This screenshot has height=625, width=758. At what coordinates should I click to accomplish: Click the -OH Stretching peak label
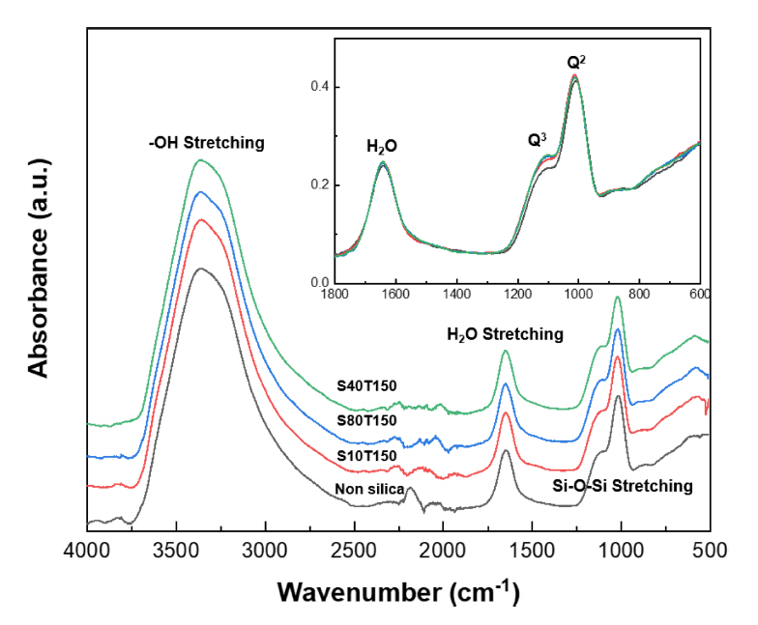pos(200,143)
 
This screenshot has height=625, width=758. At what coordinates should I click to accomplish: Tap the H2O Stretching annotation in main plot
pos(504,334)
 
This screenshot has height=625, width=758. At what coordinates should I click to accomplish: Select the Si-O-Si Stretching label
pos(633,487)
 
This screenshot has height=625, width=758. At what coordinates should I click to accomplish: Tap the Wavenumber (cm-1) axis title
pos(398,590)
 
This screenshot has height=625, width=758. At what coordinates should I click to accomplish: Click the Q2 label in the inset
pos(576,63)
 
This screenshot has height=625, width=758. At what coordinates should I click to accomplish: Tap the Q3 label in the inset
pos(538,140)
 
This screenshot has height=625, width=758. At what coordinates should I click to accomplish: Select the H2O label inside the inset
pos(381,148)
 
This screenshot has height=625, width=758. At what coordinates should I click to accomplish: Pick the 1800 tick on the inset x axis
pos(335,294)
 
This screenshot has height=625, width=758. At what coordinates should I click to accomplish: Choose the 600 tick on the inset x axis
pos(699,294)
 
